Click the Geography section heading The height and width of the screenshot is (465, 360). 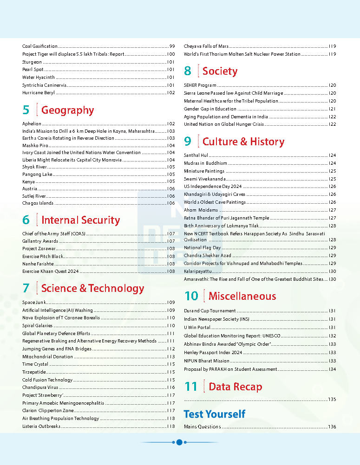pos(67,110)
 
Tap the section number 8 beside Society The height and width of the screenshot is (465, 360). pos(188,71)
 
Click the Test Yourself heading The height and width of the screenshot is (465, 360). pos(214,414)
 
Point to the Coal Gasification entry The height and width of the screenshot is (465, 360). pos(40,46)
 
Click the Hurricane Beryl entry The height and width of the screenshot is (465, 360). pos(38,93)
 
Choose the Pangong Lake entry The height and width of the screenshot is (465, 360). pos(37,174)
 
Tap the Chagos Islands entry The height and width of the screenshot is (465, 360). pos(38,203)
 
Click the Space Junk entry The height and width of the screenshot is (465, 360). pos(34,303)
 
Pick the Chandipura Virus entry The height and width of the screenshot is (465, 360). pos(40,387)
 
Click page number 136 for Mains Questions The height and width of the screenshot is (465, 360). pos(332,427)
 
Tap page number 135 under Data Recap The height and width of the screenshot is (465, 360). pos(332,400)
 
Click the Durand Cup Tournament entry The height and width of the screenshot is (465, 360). pos(209,311)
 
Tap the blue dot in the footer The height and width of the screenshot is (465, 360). pos(179,442)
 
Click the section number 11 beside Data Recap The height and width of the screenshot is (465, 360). pos(191,387)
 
